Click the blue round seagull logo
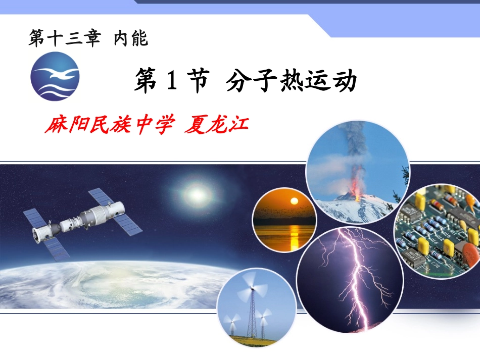pyautogui.click(x=55, y=76)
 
